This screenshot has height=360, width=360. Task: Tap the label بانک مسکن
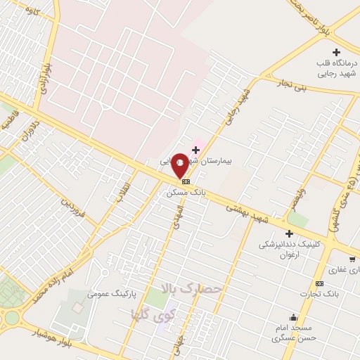186,191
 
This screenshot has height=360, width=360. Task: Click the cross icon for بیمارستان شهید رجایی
195,150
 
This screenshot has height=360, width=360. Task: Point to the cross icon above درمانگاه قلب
336,52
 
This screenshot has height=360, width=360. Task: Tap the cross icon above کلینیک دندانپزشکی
289,233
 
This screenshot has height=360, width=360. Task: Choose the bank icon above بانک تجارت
320,283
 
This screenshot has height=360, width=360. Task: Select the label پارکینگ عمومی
111,292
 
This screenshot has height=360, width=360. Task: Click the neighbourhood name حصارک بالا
191,288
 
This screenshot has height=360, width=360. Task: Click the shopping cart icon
352,259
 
